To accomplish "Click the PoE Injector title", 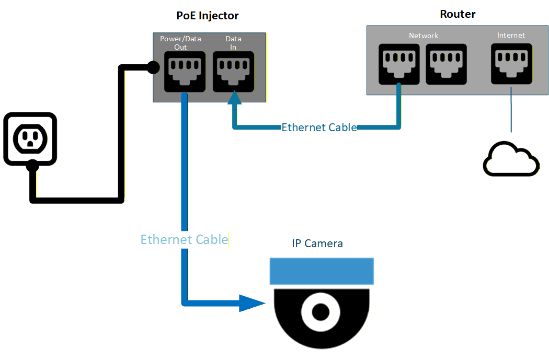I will point(207,16).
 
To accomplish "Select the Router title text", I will point(458,14).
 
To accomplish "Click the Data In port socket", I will point(234,72).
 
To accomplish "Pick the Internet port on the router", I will point(511,64).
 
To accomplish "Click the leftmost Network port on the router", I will point(398,64).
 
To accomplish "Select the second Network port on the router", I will point(446,64).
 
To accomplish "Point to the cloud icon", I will point(510,159).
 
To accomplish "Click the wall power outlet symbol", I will point(30,138).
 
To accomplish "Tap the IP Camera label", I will point(317,243).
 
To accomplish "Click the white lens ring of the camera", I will point(319,311).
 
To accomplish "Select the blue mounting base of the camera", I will point(322,271).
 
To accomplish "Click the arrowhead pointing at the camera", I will point(251,303).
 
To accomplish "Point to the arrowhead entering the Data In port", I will point(234,98).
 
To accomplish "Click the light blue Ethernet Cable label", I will point(184,239).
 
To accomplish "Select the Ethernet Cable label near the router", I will point(319,127).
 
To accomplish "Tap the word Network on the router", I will point(424,36).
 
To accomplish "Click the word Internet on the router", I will point(511,35).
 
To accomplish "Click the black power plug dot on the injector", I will point(153,67).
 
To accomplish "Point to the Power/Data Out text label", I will point(180,43).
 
